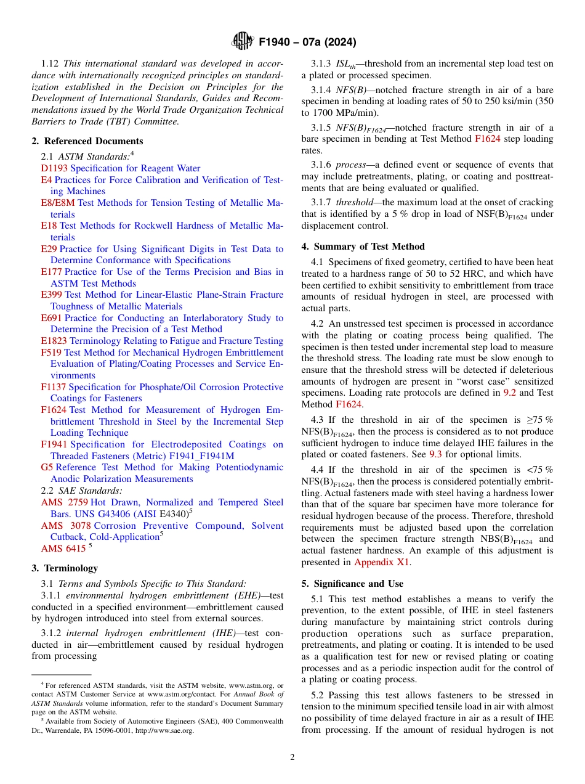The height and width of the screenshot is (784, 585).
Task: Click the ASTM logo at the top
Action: tap(242, 41)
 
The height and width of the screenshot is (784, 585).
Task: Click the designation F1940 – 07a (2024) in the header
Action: tap(307, 42)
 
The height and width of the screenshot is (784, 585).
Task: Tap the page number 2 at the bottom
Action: tap(292, 757)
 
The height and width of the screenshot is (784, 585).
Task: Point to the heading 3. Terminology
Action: tap(65, 568)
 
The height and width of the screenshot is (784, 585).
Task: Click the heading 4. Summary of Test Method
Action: tap(363, 247)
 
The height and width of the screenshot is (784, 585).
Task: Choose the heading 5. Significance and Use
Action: tap(352, 584)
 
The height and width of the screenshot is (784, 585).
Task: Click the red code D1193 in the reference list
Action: tap(54, 168)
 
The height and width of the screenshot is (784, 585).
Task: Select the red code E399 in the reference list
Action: tap(51, 295)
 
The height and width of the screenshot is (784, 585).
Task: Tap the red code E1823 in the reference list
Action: tap(54, 341)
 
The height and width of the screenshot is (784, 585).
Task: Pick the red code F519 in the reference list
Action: tap(51, 353)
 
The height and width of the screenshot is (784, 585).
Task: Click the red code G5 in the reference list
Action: tap(47, 467)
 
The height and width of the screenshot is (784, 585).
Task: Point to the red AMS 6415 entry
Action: tap(63, 549)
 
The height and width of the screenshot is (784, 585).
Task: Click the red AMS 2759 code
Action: tap(64, 503)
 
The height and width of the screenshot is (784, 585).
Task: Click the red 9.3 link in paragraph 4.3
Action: tap(435, 454)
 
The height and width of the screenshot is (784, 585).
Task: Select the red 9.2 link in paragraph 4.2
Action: tap(510, 393)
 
